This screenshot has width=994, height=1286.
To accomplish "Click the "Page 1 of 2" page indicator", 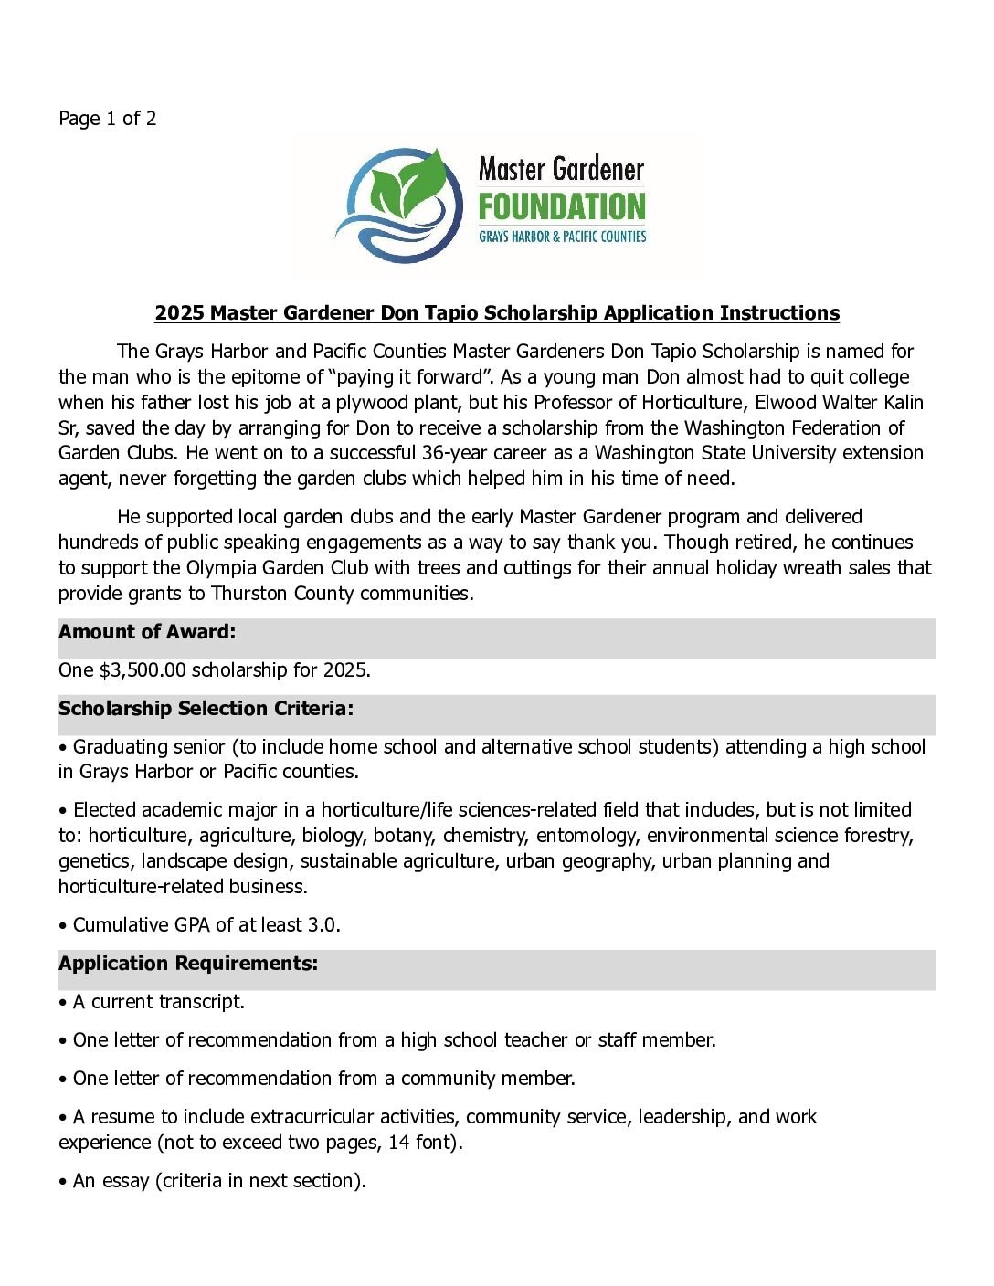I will [107, 119].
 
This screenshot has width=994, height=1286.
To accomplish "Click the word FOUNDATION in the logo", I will [562, 207].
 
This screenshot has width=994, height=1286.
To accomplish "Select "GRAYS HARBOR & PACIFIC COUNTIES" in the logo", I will [562, 237].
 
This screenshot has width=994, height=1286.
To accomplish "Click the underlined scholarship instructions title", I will [496, 313].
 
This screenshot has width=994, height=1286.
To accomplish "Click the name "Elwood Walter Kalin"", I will [839, 403].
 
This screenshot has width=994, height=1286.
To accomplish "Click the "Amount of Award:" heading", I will [147, 632].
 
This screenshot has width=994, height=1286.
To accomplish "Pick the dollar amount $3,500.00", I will [143, 670].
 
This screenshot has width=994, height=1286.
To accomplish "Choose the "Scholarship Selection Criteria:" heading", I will [206, 709].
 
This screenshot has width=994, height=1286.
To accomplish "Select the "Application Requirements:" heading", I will [188, 964].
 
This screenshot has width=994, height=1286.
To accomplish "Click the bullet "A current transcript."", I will [158, 1002].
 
